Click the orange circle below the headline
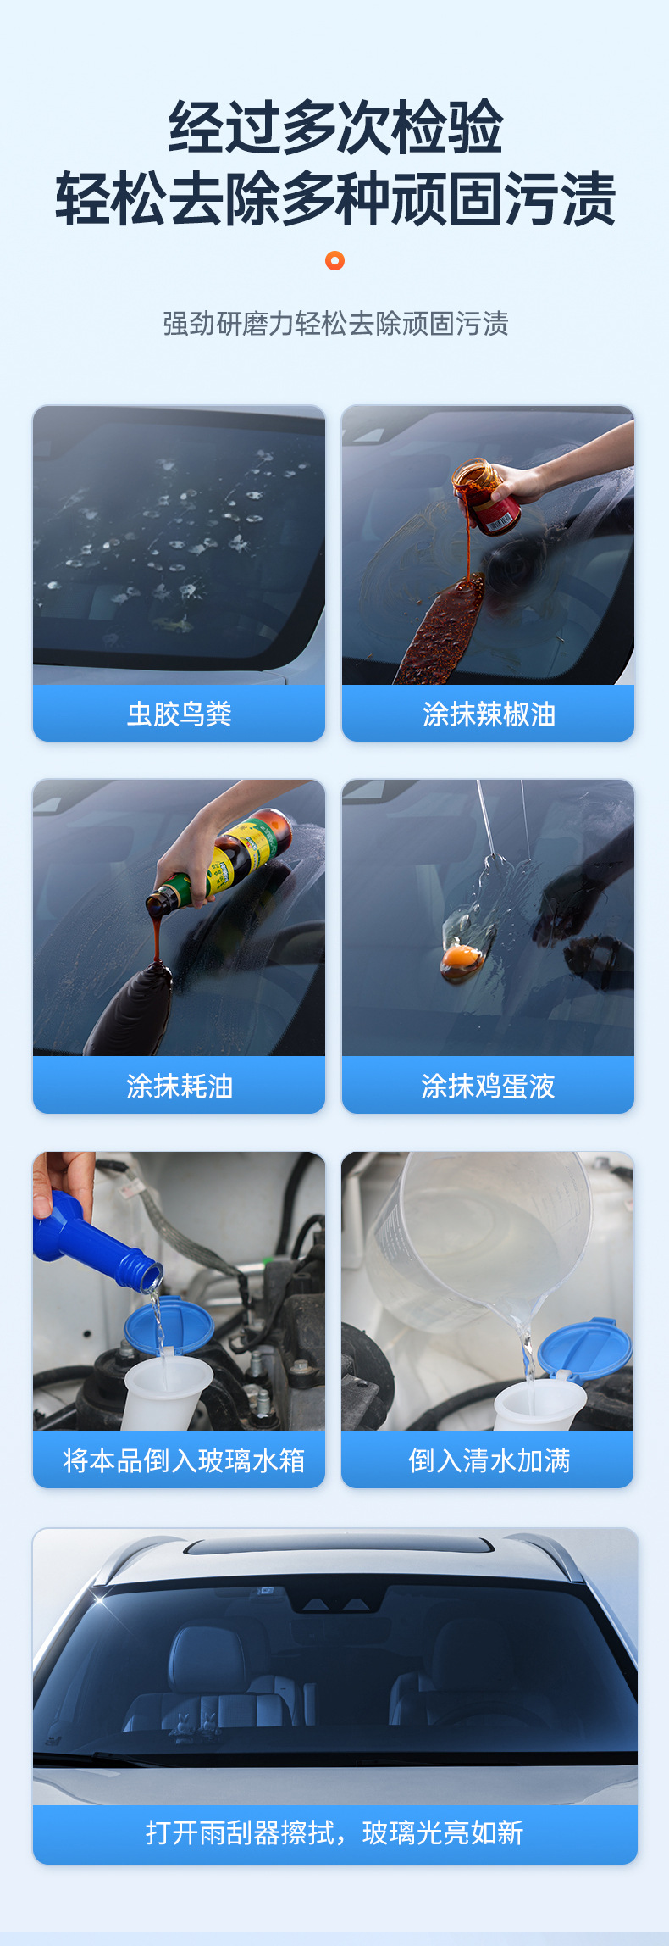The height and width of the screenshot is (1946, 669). [334, 261]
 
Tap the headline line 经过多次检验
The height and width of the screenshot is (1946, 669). [335, 128]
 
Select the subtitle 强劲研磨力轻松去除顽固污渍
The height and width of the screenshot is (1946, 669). [335, 324]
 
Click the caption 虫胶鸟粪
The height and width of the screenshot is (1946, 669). [179, 714]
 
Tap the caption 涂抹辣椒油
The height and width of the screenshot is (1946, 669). [489, 714]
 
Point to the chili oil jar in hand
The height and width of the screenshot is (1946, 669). [486, 498]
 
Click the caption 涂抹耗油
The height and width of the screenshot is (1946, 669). [179, 1086]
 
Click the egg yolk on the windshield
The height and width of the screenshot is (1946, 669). [461, 957]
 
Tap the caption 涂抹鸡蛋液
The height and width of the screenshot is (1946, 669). [488, 1086]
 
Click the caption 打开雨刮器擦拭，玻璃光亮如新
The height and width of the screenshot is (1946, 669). [334, 1832]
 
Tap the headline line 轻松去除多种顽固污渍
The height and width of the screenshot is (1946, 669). [335, 200]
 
